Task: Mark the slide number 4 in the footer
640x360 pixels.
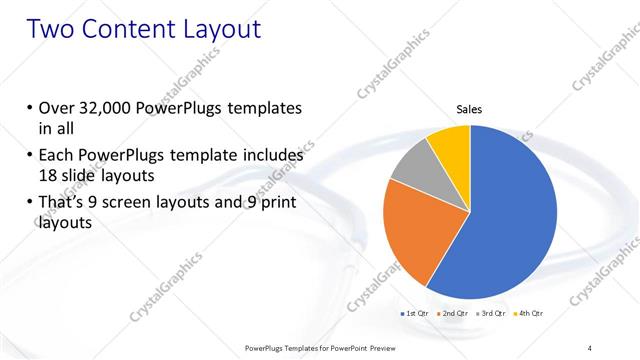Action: pyautogui.click(x=589, y=347)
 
